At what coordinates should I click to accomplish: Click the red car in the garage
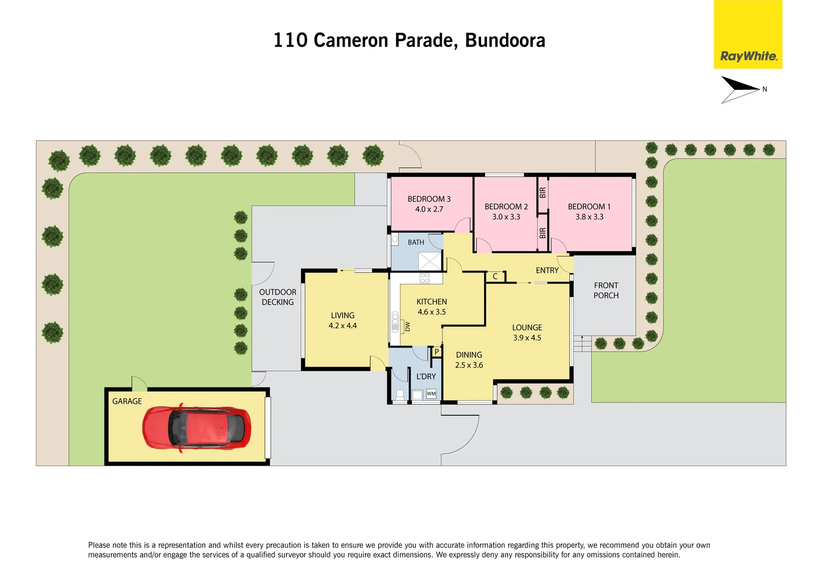[196, 428]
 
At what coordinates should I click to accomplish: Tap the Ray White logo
[748, 56]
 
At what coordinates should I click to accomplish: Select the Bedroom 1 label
[589, 207]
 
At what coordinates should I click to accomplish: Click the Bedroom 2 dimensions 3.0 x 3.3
[506, 217]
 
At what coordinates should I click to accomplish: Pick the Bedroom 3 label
[429, 199]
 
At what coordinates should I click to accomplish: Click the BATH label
[416, 242]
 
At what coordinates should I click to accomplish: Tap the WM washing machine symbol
[431, 394]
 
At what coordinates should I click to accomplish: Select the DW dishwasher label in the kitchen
[407, 326]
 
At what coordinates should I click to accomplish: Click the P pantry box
[437, 352]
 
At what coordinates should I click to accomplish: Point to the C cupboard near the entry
[495, 277]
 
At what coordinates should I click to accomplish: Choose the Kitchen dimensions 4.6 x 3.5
[432, 312]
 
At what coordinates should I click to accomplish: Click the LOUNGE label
[527, 328]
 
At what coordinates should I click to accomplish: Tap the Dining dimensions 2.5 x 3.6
[469, 365]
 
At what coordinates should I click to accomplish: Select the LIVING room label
[342, 316]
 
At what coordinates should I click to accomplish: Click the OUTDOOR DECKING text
[278, 297]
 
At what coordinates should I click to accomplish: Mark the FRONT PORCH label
[606, 291]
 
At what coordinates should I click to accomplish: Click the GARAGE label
[127, 401]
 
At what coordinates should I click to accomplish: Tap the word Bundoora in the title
[505, 41]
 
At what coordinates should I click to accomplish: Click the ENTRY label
[547, 271]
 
